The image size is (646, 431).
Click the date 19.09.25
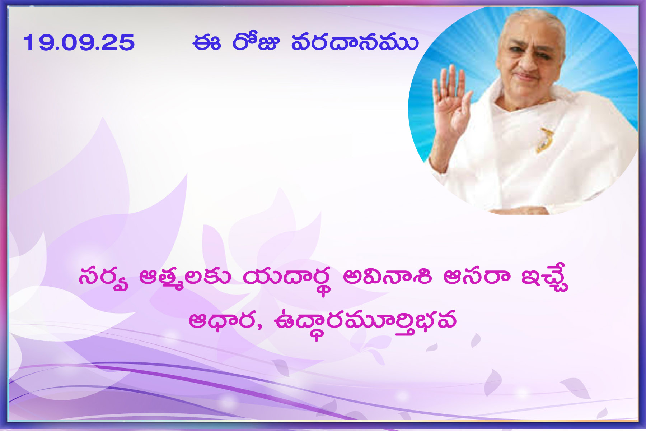point(79,42)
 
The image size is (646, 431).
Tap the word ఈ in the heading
point(206,42)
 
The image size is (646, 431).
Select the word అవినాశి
point(387,277)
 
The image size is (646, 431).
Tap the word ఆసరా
point(477,277)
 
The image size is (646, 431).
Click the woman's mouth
point(527,77)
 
